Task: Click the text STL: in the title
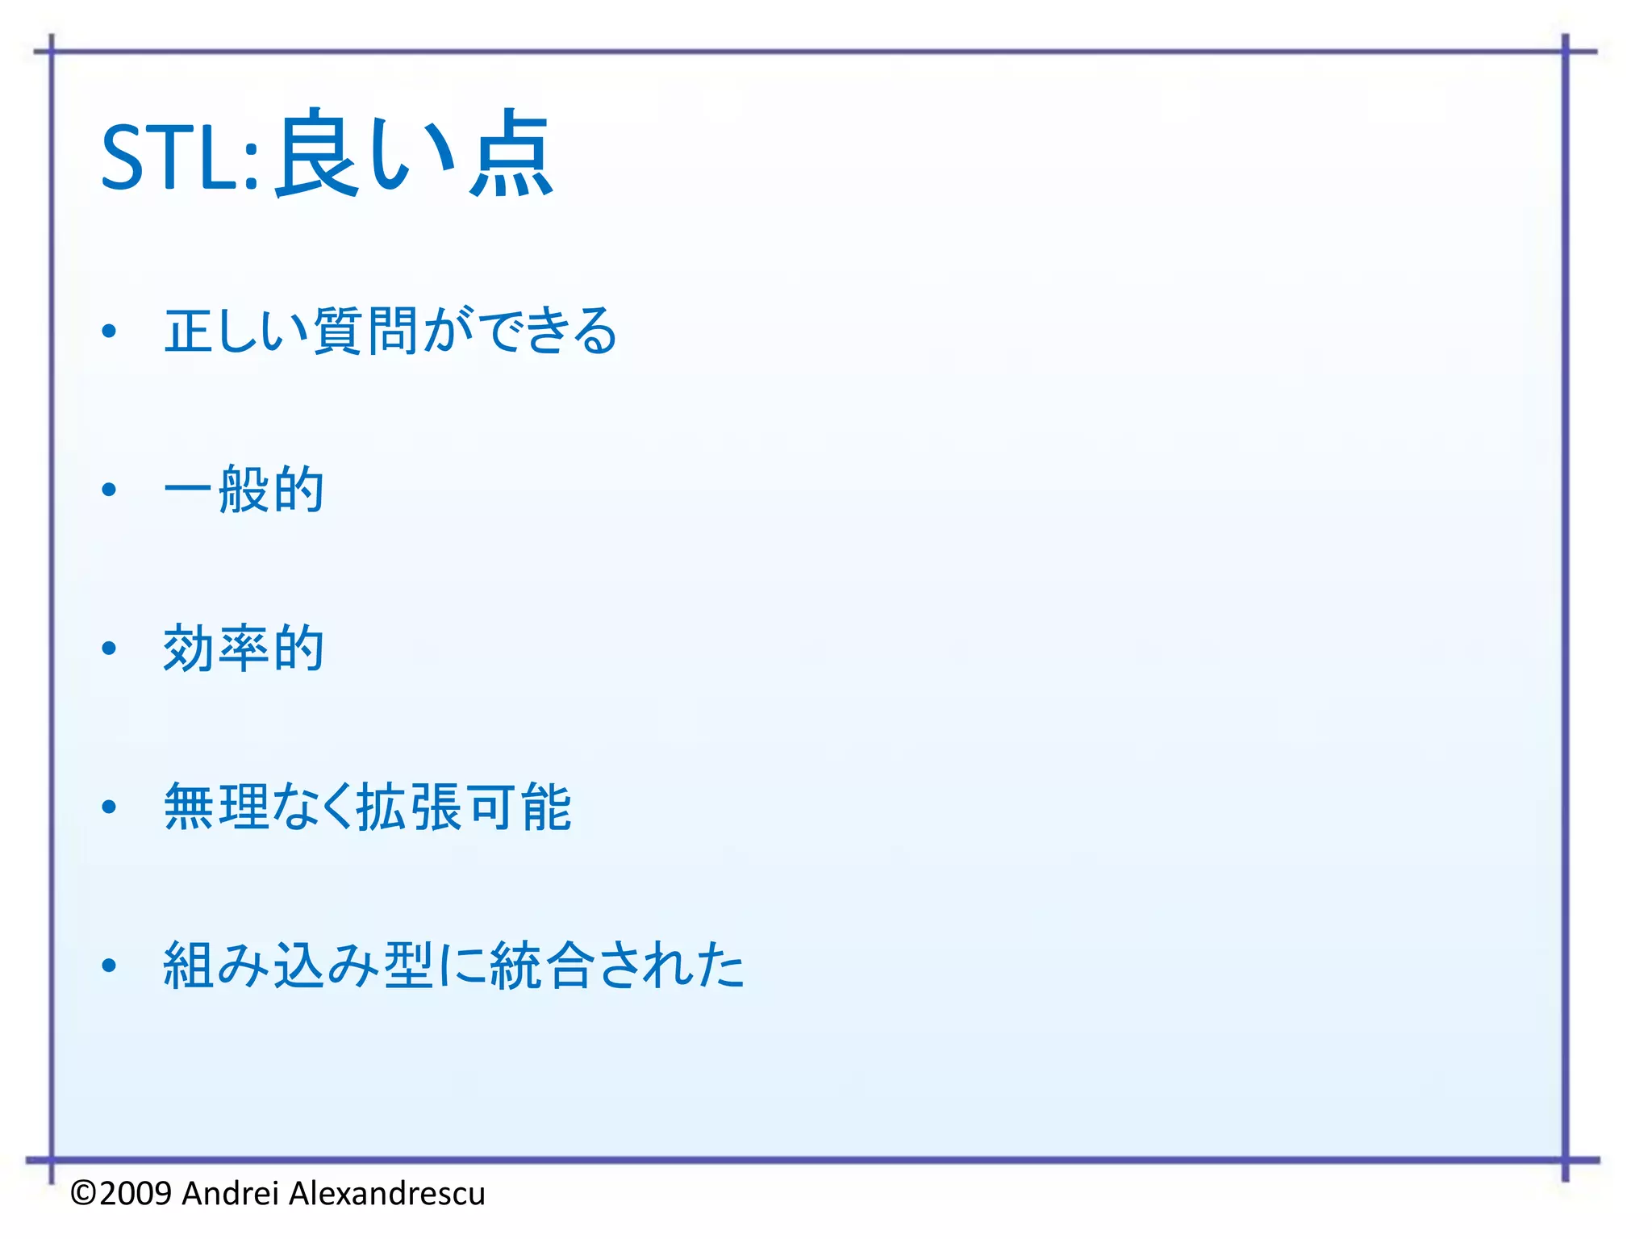tap(179, 158)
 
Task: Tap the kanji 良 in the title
tap(316, 153)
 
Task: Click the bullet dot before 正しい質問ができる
tap(110, 331)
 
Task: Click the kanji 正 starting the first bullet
tap(190, 331)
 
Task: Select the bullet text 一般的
tap(244, 490)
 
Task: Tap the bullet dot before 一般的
tap(110, 490)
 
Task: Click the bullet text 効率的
tap(244, 649)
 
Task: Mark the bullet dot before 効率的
tap(110, 649)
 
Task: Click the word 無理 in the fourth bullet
tap(216, 807)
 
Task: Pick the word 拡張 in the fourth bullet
tap(409, 807)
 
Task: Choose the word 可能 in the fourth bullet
tap(519, 807)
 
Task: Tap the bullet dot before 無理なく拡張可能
tap(110, 807)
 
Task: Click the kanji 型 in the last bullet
tap(409, 966)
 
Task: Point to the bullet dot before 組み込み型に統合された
tap(110, 966)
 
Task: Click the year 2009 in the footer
tap(136, 1194)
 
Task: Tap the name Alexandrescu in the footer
tap(386, 1194)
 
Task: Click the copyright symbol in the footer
tap(84, 1194)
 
